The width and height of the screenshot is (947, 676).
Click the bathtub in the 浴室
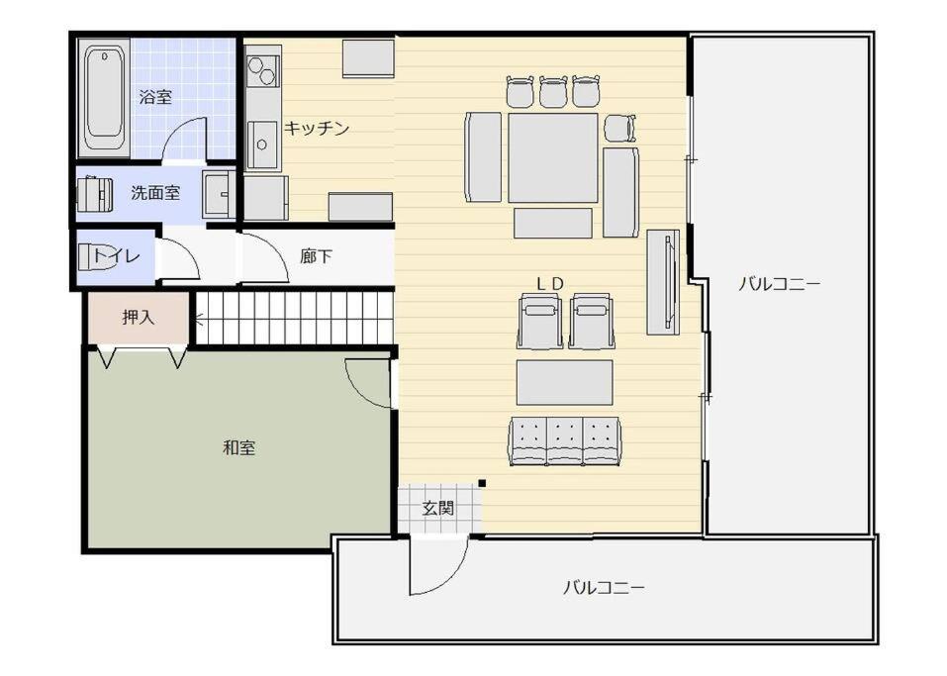[x=104, y=98]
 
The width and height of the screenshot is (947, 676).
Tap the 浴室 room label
[x=155, y=97]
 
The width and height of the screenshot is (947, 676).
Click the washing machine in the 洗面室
[x=95, y=194]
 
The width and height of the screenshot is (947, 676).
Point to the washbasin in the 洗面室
[x=219, y=194]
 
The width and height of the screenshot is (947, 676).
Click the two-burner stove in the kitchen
[x=263, y=70]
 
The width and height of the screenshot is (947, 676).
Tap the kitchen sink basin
[x=262, y=145]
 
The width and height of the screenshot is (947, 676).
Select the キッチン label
[x=317, y=128]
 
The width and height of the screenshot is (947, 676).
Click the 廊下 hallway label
[x=316, y=256]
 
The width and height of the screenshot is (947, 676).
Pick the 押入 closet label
[x=139, y=317]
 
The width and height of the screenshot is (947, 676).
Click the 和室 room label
[x=239, y=447]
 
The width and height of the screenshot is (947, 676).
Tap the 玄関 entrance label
[x=437, y=508]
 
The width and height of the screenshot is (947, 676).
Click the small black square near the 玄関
[x=482, y=483]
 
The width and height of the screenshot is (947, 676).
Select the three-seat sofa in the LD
[x=565, y=441]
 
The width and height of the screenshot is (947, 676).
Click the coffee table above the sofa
[x=565, y=382]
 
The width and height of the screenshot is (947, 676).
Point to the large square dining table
[x=552, y=157]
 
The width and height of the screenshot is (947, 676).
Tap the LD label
[x=550, y=283]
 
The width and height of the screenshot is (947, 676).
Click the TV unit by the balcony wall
[x=663, y=282]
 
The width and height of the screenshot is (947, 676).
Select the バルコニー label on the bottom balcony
[x=604, y=587]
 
